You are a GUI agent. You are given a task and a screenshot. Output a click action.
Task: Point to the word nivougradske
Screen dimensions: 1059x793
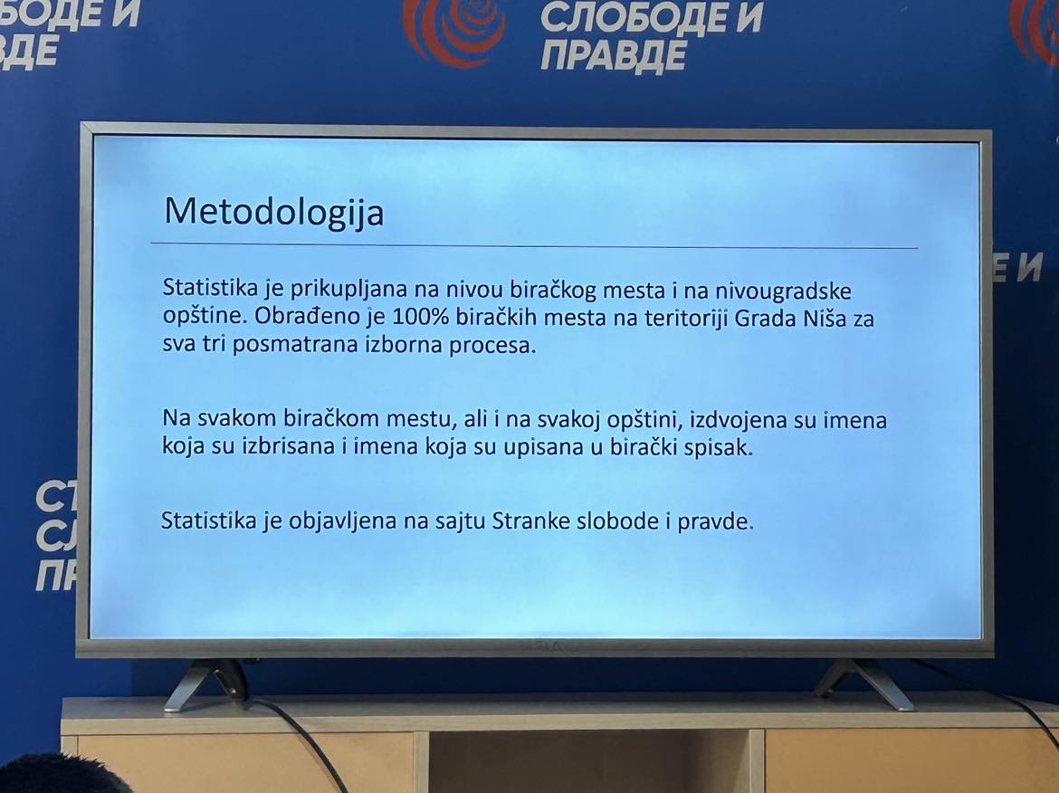(783, 291)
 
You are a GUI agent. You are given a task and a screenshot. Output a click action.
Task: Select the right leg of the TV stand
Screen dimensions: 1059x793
(865, 683)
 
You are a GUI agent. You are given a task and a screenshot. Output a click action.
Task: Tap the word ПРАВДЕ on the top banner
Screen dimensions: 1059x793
(614, 56)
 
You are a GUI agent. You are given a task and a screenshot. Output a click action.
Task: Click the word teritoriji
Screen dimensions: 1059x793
(686, 318)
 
